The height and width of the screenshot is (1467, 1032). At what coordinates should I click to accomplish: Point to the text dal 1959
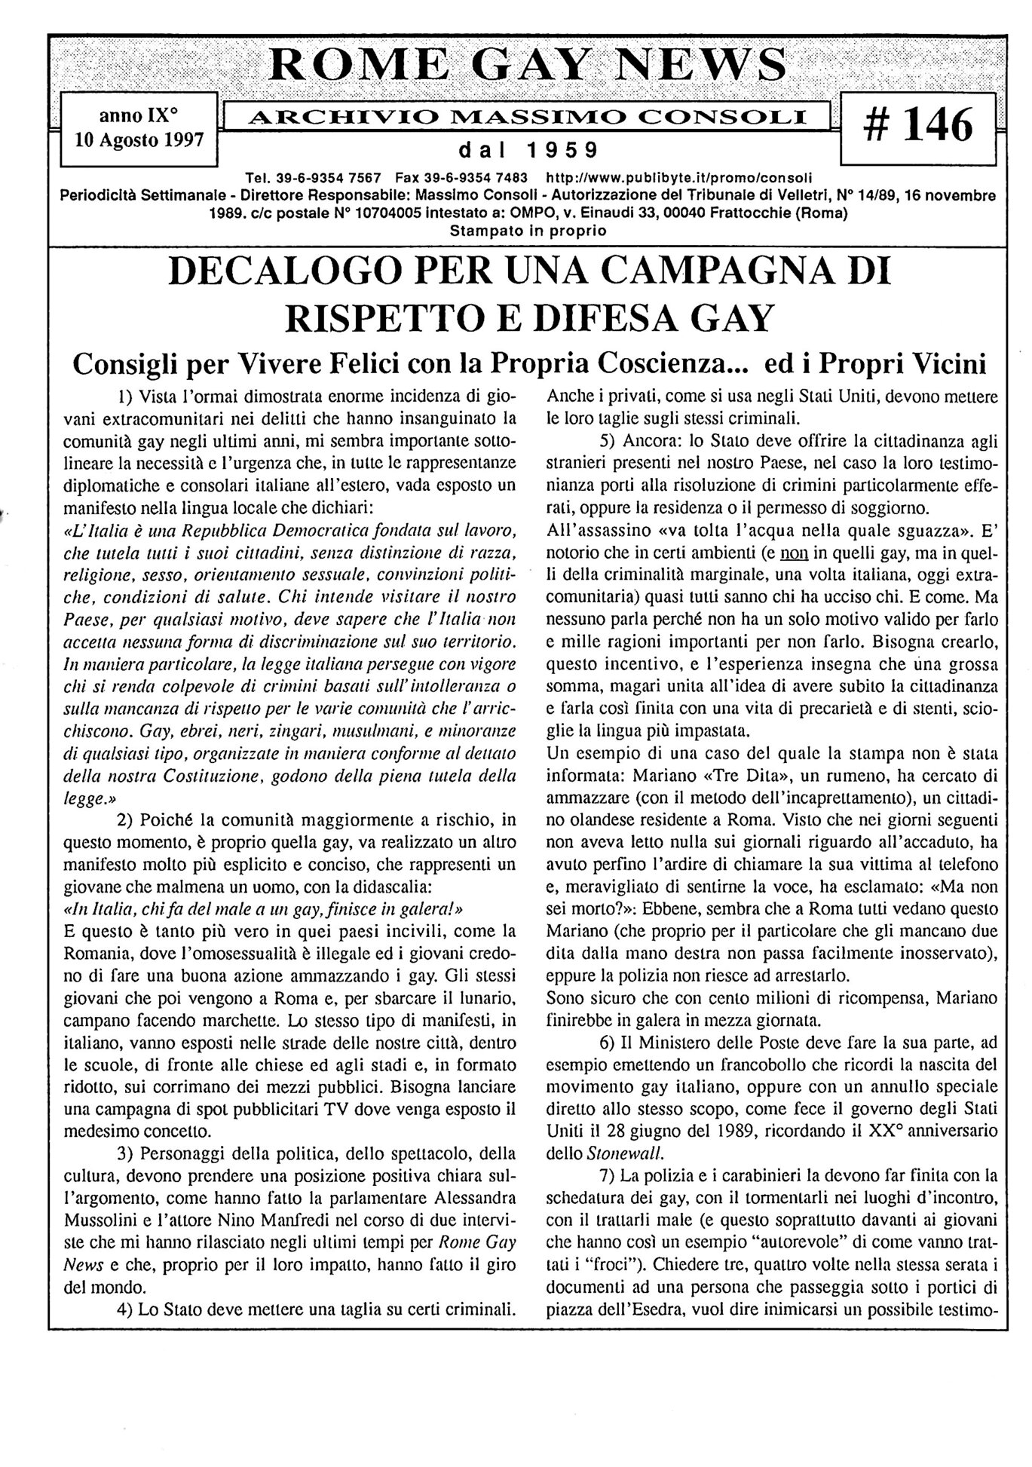[527, 150]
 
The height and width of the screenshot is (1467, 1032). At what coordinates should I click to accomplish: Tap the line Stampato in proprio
[527, 231]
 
